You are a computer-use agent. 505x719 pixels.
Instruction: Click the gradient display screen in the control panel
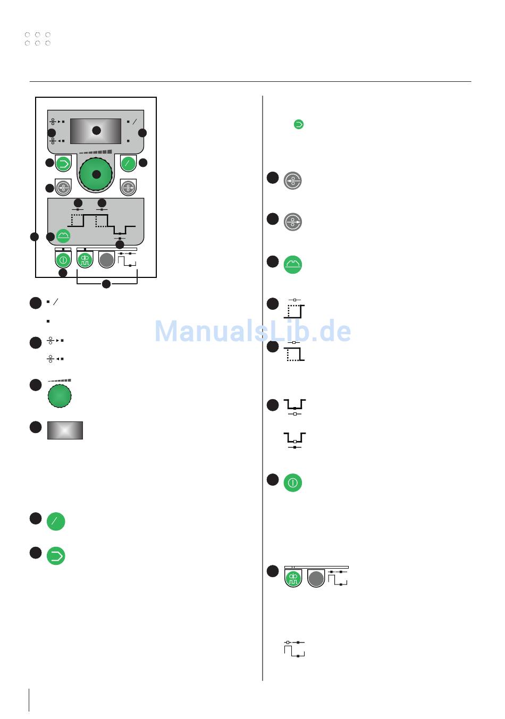[96, 131]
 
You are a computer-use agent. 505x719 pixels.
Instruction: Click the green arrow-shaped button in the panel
[63, 163]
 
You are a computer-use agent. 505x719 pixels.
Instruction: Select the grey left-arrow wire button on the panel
[63, 188]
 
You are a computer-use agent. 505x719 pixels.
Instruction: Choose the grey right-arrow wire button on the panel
[128, 188]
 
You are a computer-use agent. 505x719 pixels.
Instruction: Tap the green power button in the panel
[63, 260]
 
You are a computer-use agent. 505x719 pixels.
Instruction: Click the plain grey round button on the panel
[106, 260]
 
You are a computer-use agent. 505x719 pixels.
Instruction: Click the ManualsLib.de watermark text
[252, 331]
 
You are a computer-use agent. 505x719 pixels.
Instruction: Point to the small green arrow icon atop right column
[299, 124]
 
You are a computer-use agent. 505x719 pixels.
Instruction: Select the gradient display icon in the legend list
[65, 430]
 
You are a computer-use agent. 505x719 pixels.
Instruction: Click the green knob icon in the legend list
[60, 396]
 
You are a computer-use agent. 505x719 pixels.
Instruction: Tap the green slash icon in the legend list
[56, 521]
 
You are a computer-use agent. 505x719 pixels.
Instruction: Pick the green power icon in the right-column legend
[292, 483]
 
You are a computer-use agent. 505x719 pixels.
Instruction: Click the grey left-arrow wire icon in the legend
[292, 181]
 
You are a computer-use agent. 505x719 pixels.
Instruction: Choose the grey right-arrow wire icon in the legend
[292, 222]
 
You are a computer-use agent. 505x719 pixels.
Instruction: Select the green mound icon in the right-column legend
[292, 264]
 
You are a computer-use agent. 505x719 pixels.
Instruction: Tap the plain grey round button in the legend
[316, 578]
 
